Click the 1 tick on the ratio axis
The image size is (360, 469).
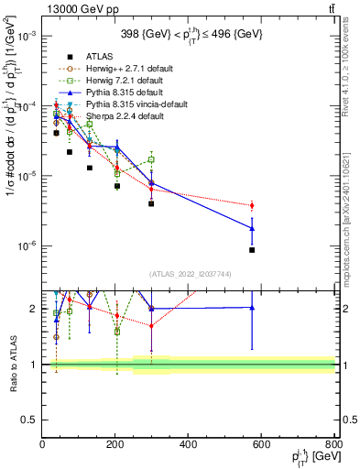[35, 365]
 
